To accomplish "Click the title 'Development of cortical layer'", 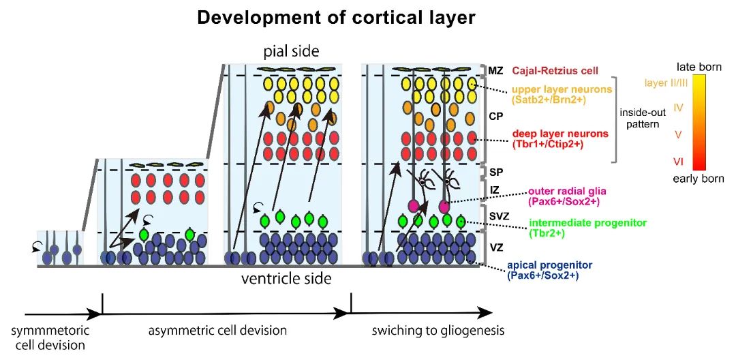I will [336, 18].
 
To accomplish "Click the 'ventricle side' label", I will [286, 278].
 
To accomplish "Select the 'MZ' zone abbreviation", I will [496, 71].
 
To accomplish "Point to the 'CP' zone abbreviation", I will [496, 117].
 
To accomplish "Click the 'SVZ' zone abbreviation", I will [497, 215].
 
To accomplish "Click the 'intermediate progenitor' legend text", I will [577, 223].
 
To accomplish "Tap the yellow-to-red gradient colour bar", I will [699, 123].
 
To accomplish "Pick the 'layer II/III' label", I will [665, 83].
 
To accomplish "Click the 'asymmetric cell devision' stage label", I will [217, 331].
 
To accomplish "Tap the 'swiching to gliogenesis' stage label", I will [438, 331].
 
